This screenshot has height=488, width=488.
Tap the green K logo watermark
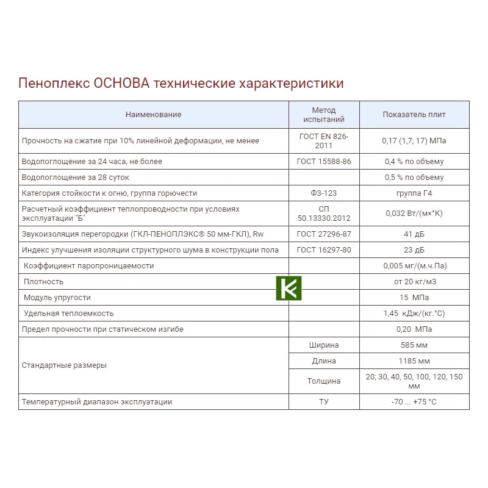click(289, 288)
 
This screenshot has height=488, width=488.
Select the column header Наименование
click(153, 115)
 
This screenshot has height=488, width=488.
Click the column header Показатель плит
click(414, 115)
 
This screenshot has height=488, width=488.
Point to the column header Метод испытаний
click(324, 115)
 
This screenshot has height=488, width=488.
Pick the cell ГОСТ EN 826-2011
click(324, 141)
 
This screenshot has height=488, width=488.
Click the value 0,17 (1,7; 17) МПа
click(414, 141)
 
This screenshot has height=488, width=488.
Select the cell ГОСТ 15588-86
click(324, 162)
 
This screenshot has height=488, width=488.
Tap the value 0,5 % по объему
click(414, 178)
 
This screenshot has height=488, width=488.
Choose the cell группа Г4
click(414, 193)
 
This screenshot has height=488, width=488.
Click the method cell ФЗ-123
click(324, 193)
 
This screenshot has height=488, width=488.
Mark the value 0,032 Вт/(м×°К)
click(414, 213)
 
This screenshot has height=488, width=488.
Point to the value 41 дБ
click(414, 234)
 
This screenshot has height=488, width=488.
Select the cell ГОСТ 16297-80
click(324, 250)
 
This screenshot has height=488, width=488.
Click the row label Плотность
click(43, 282)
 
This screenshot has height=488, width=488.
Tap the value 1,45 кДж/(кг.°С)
click(414, 314)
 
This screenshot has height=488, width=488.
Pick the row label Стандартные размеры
click(64, 365)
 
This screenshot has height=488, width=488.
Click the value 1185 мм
click(414, 361)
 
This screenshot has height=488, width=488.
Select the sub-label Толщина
click(324, 381)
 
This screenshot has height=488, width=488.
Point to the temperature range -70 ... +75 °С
click(414, 402)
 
